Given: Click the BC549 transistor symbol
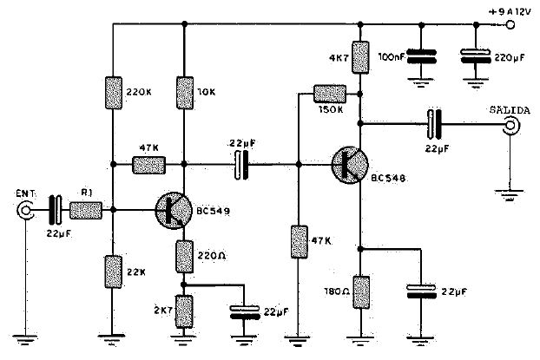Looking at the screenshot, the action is coord(174,210).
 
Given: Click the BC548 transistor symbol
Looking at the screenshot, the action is coord(350,165).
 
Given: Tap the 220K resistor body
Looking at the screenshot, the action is coord(114,93).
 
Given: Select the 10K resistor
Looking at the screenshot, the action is coord(185,93).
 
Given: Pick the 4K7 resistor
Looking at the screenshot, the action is coord(360,57).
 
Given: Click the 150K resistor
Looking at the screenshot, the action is coord(330,94).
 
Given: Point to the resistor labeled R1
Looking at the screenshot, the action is coord(86,211).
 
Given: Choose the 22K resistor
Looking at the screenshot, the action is coord(114,272).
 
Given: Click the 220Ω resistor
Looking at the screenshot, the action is coord(184,257).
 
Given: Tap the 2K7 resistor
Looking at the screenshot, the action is coord(184,311).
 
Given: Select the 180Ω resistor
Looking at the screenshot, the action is coord(361,292).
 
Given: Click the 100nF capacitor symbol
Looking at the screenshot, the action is coord(422,56).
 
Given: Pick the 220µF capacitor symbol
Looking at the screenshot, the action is coord(476,56).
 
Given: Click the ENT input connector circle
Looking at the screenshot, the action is coord(25,210).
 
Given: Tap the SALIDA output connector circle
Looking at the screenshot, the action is coord(511,125).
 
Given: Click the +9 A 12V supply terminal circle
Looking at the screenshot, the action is coord(510,25).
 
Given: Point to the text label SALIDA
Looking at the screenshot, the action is coord(510,110).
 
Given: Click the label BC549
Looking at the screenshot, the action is coord(214,211).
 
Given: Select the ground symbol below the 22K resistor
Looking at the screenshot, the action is coord(112,338).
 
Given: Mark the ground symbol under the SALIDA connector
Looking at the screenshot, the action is coord(510,195).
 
